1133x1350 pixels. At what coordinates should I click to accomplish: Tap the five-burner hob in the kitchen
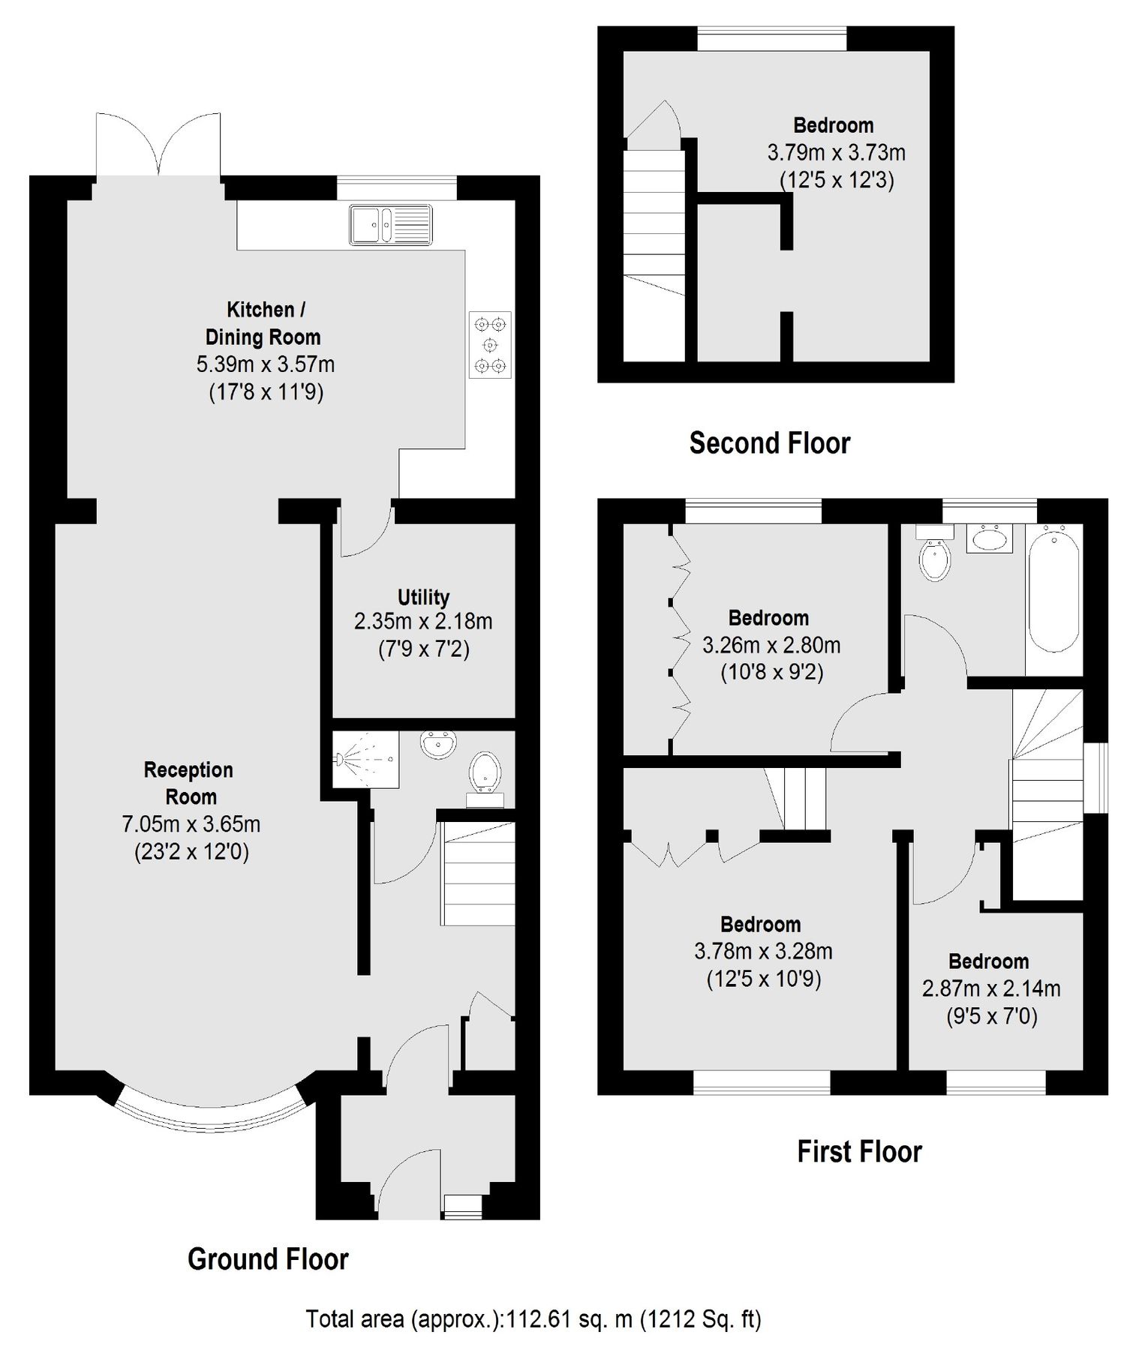491,345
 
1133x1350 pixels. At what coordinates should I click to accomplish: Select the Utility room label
423,597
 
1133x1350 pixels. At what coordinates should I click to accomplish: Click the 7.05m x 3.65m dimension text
191,824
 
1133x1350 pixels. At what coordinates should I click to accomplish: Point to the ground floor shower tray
366,759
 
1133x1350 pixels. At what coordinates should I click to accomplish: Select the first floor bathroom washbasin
990,538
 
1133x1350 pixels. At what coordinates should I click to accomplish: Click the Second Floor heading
770,443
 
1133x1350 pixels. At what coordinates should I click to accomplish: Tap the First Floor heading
859,1151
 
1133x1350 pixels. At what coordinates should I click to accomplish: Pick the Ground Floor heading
268,1259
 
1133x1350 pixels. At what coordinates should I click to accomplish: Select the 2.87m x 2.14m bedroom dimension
990,989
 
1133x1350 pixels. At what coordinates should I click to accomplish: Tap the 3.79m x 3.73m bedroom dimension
836,153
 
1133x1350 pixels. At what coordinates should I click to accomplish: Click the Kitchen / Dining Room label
263,323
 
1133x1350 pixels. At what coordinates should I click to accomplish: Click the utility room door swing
365,535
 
